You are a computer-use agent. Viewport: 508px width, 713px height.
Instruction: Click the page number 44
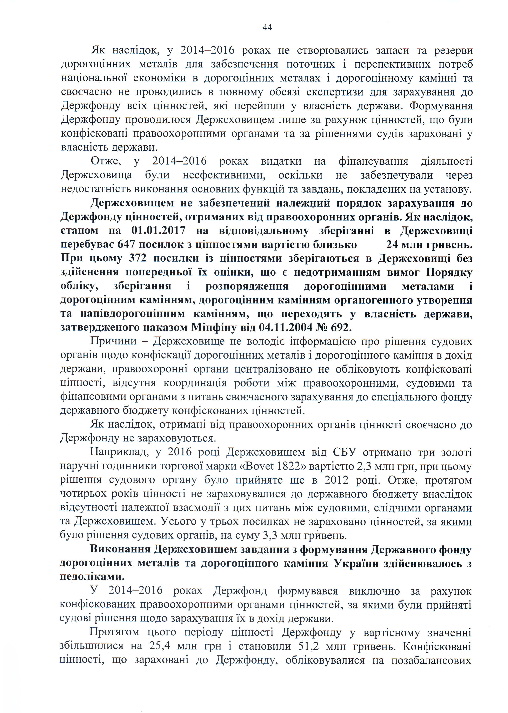click(267, 28)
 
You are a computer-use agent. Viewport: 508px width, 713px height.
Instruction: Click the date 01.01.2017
click(158, 231)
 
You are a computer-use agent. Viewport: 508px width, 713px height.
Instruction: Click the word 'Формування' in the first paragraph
click(441, 106)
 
